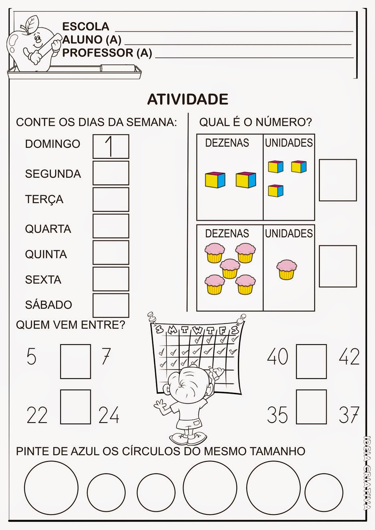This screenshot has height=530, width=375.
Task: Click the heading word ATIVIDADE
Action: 188,99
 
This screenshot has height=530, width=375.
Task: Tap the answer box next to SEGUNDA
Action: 111,173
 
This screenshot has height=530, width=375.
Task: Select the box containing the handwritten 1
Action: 111,146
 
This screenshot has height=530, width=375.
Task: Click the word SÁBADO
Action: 48,305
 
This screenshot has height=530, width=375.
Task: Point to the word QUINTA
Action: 46,254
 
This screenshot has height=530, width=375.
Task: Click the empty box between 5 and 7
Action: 75,361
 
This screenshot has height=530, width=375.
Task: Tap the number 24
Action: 109,415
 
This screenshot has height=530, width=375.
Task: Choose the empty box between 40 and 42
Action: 311,361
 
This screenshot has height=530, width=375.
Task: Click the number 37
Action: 349,415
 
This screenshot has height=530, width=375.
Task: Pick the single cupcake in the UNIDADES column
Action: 287,269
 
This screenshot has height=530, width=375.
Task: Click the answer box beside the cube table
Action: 338,180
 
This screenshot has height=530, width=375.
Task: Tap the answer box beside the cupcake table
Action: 338,266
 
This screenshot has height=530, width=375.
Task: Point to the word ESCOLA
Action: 86,26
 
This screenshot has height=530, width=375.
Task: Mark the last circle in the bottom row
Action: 324,492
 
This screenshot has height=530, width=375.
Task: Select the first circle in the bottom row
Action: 51,488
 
